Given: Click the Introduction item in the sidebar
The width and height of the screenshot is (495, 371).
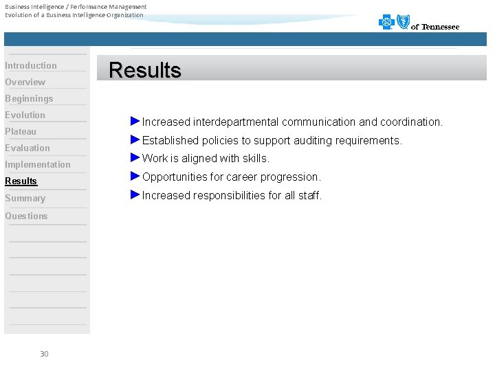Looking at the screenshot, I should [31, 66].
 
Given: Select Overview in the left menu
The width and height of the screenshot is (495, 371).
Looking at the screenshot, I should [25, 82].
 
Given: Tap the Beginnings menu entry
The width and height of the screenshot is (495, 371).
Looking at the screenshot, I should [29, 99].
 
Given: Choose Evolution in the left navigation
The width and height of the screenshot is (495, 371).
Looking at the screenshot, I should [25, 115].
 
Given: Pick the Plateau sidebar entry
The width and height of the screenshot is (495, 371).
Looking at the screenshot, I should [21, 132].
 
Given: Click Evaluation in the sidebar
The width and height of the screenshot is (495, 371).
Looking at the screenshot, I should [27, 148].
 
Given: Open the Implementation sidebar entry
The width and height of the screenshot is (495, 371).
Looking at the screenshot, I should [38, 165].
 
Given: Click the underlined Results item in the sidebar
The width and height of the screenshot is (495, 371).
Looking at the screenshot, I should [21, 181].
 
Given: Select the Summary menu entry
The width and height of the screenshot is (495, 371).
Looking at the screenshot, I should [25, 199].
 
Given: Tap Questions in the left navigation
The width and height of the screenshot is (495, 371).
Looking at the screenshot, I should [27, 216].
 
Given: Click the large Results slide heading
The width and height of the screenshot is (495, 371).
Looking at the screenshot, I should [145, 70].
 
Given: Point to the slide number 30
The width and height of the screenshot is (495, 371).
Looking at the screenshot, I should [44, 354].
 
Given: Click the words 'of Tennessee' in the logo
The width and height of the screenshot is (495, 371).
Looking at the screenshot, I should [435, 27].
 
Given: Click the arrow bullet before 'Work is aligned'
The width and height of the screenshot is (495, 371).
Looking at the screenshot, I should [135, 158].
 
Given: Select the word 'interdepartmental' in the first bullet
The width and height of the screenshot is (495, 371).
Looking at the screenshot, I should [236, 122].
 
